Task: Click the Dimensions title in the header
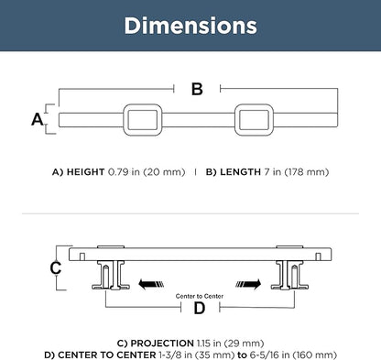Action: pyautogui.click(x=190, y=26)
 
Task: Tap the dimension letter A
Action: pyautogui.click(x=38, y=119)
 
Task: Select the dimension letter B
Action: pyautogui.click(x=197, y=89)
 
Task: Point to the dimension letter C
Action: pyautogui.click(x=56, y=267)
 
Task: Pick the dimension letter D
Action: pyautogui.click(x=200, y=308)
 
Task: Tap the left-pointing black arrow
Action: pyautogui.click(x=151, y=284)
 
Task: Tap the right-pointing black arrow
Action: pyautogui.click(x=248, y=284)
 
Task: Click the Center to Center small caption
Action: pyautogui.click(x=200, y=296)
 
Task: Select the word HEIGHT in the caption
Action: pyautogui.click(x=85, y=172)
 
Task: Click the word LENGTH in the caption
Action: pyautogui.click(x=240, y=172)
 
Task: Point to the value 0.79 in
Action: pyautogui.click(x=124, y=172)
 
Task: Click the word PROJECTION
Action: pyautogui.click(x=162, y=344)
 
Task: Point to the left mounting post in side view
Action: pyautogui.click(x=111, y=275)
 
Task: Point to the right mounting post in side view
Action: pyautogui.click(x=289, y=275)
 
